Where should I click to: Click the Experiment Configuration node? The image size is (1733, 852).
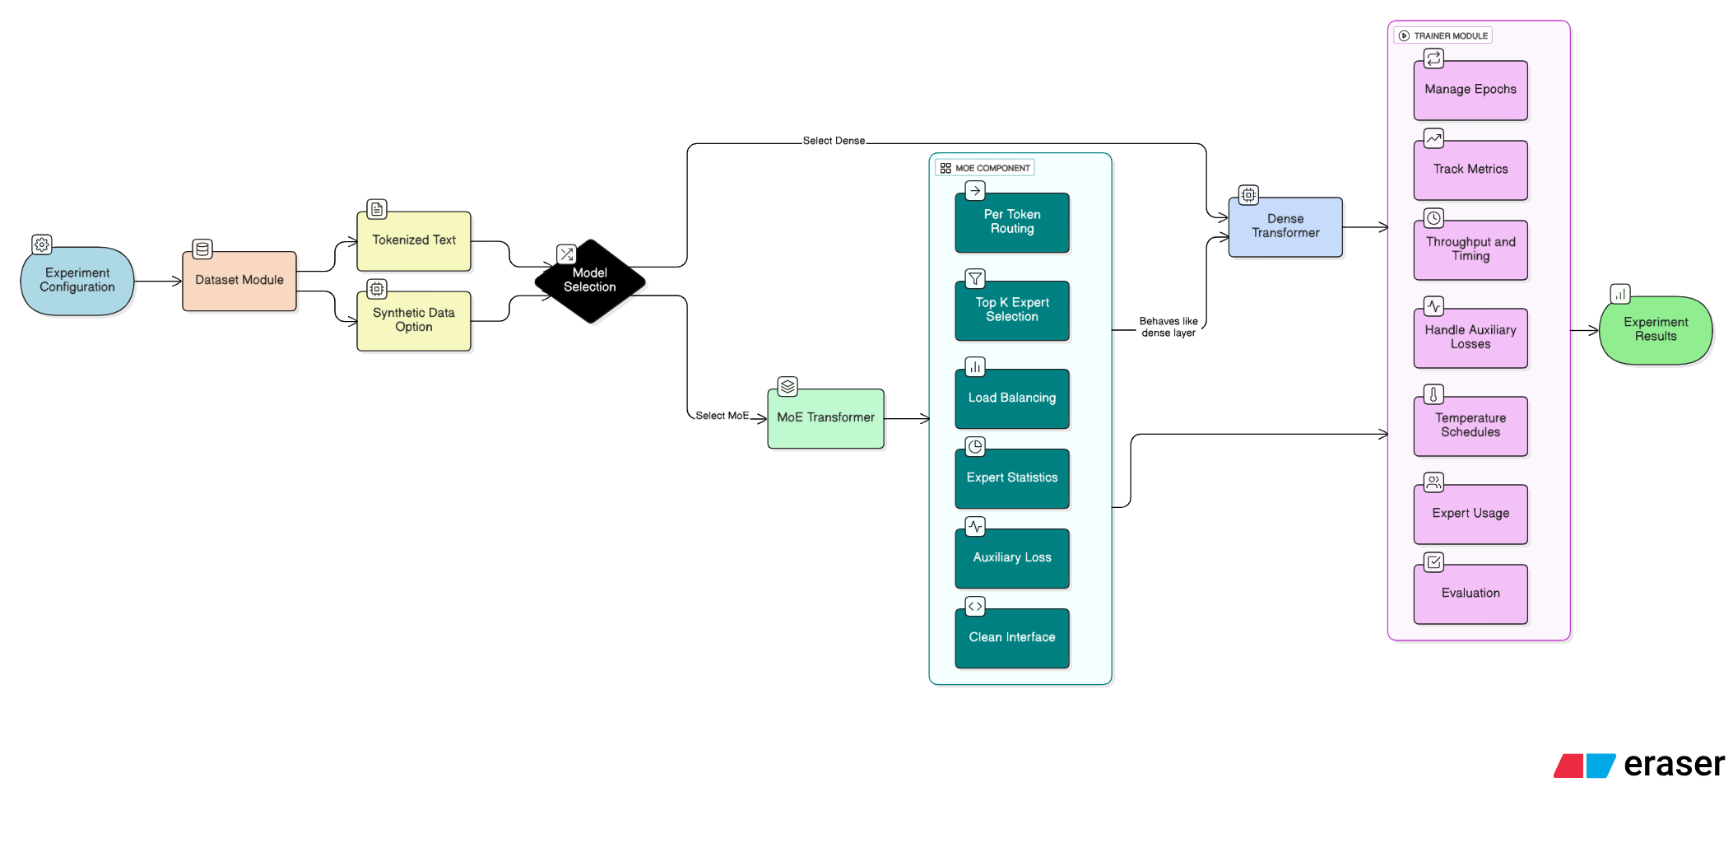[77, 281]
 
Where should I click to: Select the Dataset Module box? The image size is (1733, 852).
[239, 281]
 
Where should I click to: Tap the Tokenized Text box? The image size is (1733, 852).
[414, 241]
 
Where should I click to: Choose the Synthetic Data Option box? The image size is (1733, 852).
[414, 320]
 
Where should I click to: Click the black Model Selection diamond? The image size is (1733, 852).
[590, 281]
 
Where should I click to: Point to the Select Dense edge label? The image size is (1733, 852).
[834, 141]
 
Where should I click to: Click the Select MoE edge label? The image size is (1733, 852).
[722, 416]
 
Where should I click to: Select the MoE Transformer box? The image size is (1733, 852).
[825, 418]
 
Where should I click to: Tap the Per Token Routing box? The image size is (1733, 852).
[1012, 222]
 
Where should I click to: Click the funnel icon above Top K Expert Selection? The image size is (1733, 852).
[975, 278]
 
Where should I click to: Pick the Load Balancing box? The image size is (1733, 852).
[1012, 398]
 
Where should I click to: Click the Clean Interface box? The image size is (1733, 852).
[1012, 638]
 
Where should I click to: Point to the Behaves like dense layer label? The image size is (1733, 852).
[1168, 327]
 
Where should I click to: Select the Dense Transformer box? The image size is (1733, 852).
[1285, 226]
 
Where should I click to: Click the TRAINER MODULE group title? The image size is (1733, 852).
[1450, 36]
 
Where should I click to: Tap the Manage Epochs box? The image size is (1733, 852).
[1470, 90]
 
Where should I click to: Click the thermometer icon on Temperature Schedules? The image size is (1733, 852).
[1433, 394]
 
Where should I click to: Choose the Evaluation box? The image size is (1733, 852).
[1470, 594]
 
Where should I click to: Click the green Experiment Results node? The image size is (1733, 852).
[1656, 329]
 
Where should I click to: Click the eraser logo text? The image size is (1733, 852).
[1674, 765]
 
